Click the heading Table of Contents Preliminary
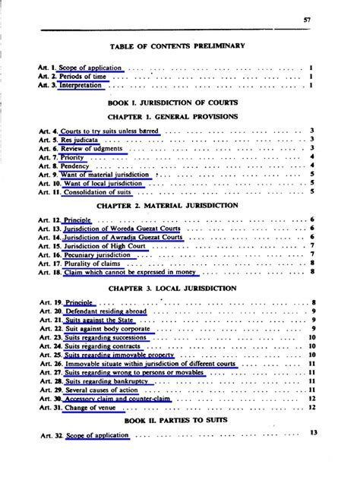pos(178,46)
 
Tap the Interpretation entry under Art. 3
pos(81,86)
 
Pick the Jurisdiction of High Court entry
pos(106,245)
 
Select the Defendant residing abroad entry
pos(106,311)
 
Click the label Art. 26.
pos(49,364)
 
